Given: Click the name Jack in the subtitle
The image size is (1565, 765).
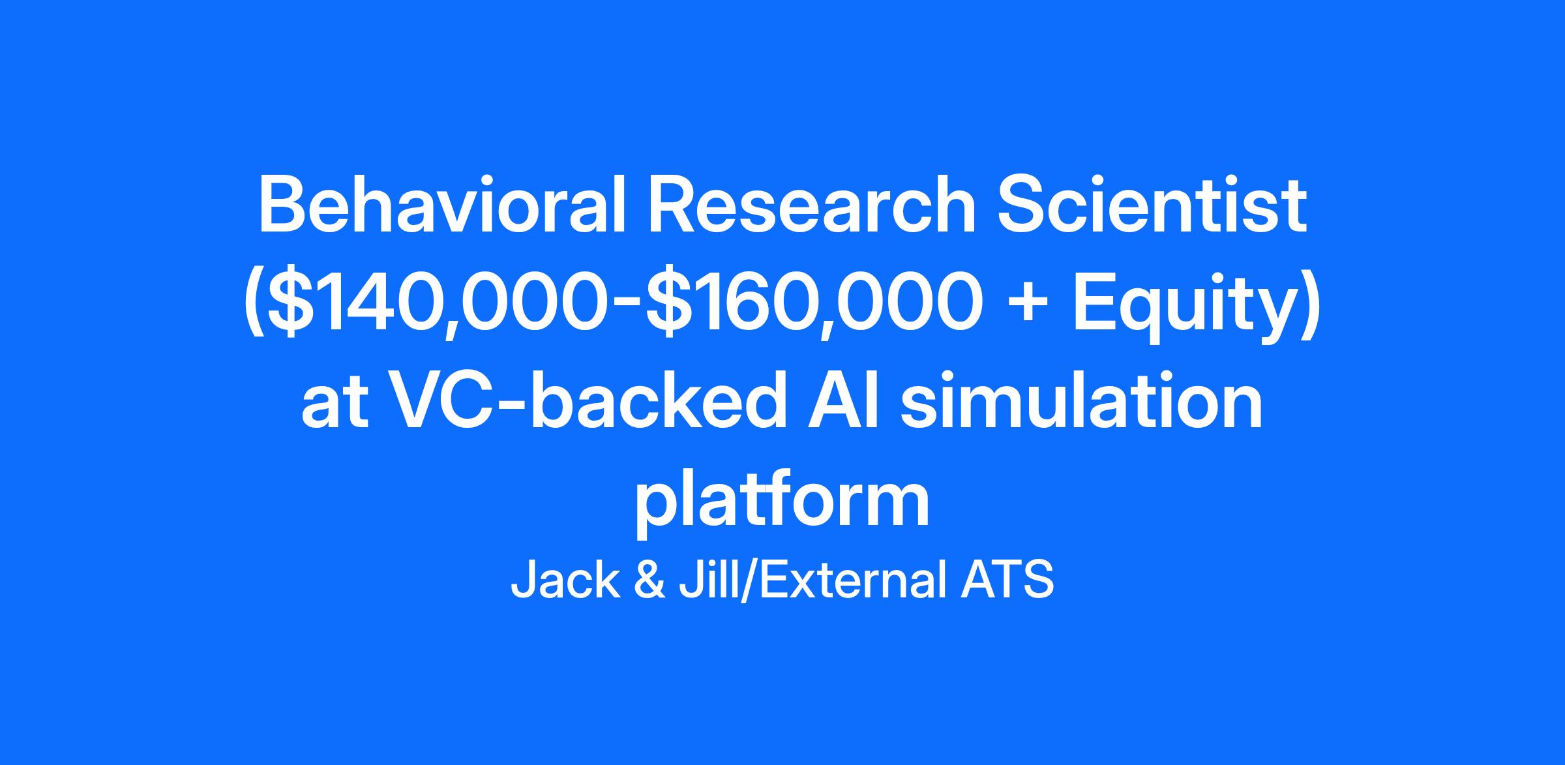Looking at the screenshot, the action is point(565,580).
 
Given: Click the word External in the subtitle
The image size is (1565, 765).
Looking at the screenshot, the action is point(852,580).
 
